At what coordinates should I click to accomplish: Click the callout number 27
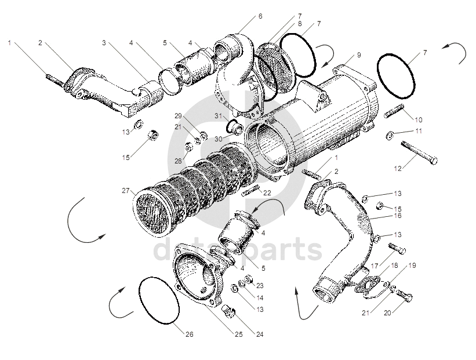click(126, 191)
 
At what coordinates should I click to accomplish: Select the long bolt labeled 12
click(419, 152)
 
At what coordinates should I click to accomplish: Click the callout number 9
click(359, 55)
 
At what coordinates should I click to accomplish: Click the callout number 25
click(239, 334)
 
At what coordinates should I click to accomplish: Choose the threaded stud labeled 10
click(394, 111)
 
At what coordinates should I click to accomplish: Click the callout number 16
click(398, 216)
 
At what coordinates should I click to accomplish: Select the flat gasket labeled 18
click(368, 285)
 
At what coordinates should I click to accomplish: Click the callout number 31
click(219, 115)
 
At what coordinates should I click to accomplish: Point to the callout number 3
click(104, 43)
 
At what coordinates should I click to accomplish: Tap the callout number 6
click(260, 16)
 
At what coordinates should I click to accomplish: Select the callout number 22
click(267, 192)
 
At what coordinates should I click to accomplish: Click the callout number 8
click(300, 24)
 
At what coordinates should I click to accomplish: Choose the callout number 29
click(178, 115)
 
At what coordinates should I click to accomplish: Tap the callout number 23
click(260, 286)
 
